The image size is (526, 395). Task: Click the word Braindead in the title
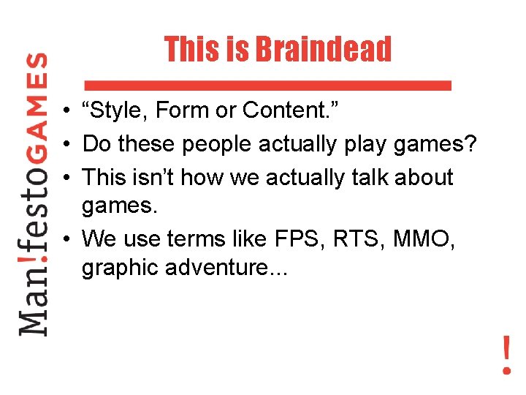tap(323, 50)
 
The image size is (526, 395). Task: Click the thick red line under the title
tap(268, 85)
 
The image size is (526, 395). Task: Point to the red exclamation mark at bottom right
tap(506, 355)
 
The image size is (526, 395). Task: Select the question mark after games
tap(471, 144)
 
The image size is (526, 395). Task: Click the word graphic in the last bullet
tap(120, 268)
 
